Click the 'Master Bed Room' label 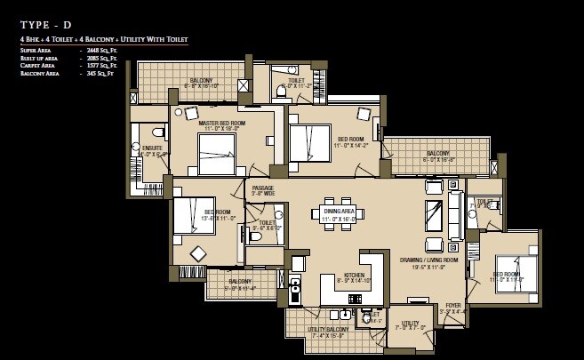pyautogui.click(x=222, y=124)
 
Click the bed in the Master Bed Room pyautogui.click(x=216, y=154)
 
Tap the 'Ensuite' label pyautogui.click(x=152, y=148)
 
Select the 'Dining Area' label pyautogui.click(x=338, y=211)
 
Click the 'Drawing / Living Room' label pyautogui.click(x=428, y=260)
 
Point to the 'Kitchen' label pyautogui.click(x=355, y=276)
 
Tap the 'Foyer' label pyautogui.click(x=453, y=305)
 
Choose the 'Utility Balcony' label pyautogui.click(x=328, y=330)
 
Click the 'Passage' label pyautogui.click(x=262, y=188)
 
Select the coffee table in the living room pyautogui.click(x=434, y=215)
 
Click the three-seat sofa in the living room pyautogui.click(x=455, y=215)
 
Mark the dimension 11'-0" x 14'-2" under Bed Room pyautogui.click(x=350, y=146)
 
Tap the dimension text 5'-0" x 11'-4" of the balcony pyautogui.click(x=240, y=288)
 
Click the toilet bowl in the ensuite pyautogui.click(x=157, y=132)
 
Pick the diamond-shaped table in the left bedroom pyautogui.click(x=198, y=254)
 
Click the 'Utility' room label pyautogui.click(x=410, y=323)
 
